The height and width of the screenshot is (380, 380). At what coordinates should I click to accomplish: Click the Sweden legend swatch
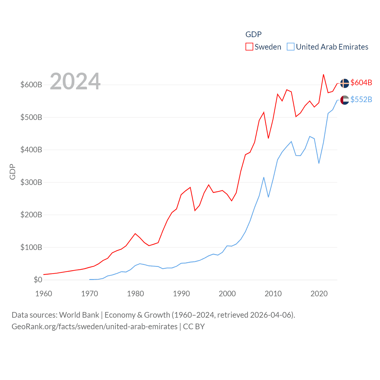tap(249, 47)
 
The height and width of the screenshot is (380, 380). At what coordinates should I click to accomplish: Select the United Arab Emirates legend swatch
tap(291, 47)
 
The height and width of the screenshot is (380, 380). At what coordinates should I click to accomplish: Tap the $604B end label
tap(361, 83)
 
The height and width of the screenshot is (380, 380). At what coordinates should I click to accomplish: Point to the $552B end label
tap(361, 99)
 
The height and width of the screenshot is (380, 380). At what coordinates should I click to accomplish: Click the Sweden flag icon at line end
tap(344, 83)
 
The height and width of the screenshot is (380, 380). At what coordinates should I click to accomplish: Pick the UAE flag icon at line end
tap(344, 100)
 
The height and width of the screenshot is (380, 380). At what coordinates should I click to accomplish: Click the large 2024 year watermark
tap(75, 81)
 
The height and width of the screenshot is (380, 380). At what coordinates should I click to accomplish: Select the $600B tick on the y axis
tap(31, 85)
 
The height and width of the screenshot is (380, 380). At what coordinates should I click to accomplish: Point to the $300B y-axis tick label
tap(31, 182)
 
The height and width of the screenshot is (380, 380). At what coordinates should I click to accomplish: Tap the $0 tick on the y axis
tap(38, 280)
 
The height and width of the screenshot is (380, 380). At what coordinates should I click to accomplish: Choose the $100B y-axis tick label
tap(31, 247)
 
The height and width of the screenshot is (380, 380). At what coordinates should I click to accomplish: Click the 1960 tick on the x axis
tap(44, 294)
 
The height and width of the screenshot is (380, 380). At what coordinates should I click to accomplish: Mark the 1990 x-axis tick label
tap(181, 294)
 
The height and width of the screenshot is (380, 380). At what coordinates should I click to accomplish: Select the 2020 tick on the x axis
tap(319, 294)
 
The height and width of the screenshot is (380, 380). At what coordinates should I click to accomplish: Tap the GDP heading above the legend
tap(253, 34)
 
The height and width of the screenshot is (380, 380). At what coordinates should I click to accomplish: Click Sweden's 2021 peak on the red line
tap(323, 75)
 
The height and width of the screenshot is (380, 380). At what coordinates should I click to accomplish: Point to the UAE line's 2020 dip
tap(319, 163)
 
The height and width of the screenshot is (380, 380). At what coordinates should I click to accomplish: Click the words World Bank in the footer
tap(79, 315)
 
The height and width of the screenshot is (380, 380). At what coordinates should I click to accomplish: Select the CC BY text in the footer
tap(194, 327)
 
